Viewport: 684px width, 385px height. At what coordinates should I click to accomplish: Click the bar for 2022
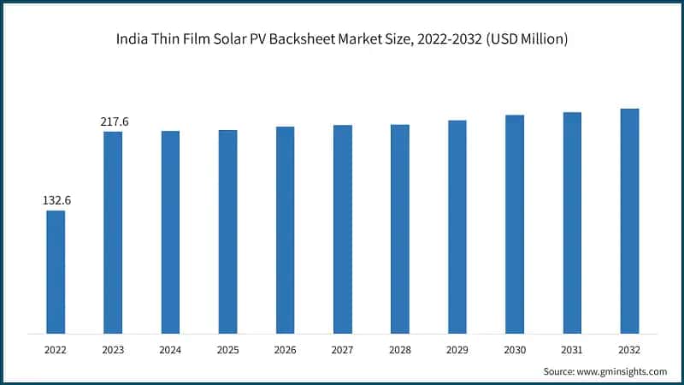(x=56, y=271)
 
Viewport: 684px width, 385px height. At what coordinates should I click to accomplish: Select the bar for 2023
(x=113, y=232)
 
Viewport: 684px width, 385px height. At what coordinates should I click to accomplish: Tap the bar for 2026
(x=285, y=229)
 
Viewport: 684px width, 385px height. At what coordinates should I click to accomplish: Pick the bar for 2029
(x=457, y=227)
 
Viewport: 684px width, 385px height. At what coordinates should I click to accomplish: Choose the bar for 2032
(x=629, y=221)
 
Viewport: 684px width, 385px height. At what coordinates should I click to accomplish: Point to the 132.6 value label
(x=56, y=200)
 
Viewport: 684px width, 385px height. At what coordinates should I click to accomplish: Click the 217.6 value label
(x=114, y=122)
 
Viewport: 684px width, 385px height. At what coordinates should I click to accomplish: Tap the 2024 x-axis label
(x=170, y=350)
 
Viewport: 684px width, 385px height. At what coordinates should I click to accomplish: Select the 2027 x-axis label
(x=342, y=350)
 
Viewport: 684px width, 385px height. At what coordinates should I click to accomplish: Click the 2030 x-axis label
(x=515, y=350)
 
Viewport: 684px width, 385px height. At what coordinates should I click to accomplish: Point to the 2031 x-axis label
(x=572, y=350)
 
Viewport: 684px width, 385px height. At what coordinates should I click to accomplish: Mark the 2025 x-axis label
(x=227, y=350)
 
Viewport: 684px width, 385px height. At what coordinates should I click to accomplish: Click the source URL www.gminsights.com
(x=621, y=371)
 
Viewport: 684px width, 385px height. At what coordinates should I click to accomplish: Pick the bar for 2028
(x=400, y=228)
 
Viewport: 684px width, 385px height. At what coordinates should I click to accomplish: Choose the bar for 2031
(x=572, y=222)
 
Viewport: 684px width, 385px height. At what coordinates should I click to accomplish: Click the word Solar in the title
(x=228, y=40)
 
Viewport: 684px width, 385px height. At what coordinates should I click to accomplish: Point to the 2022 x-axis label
(x=56, y=350)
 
